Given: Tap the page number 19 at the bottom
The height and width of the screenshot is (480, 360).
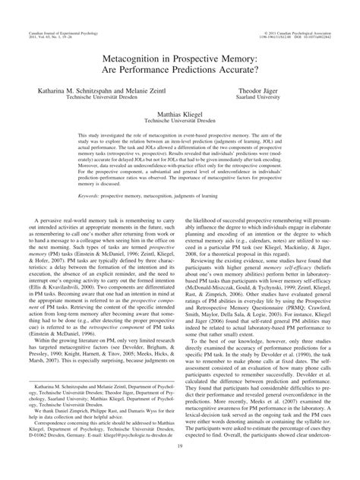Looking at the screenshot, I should coord(180,470).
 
